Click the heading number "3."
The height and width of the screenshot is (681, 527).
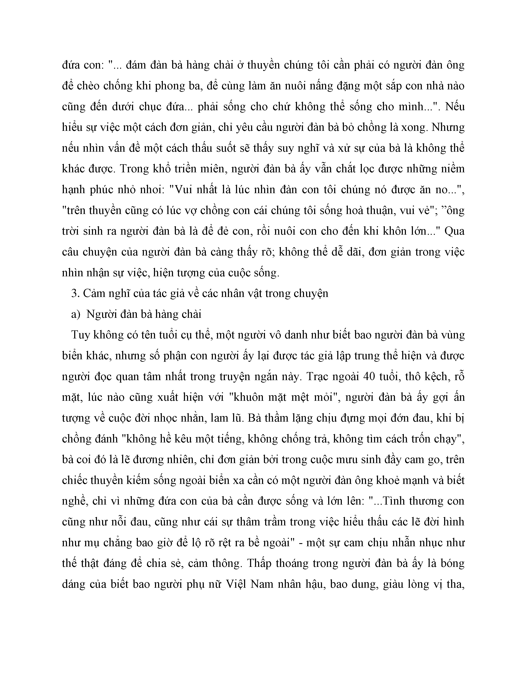pos(75,294)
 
